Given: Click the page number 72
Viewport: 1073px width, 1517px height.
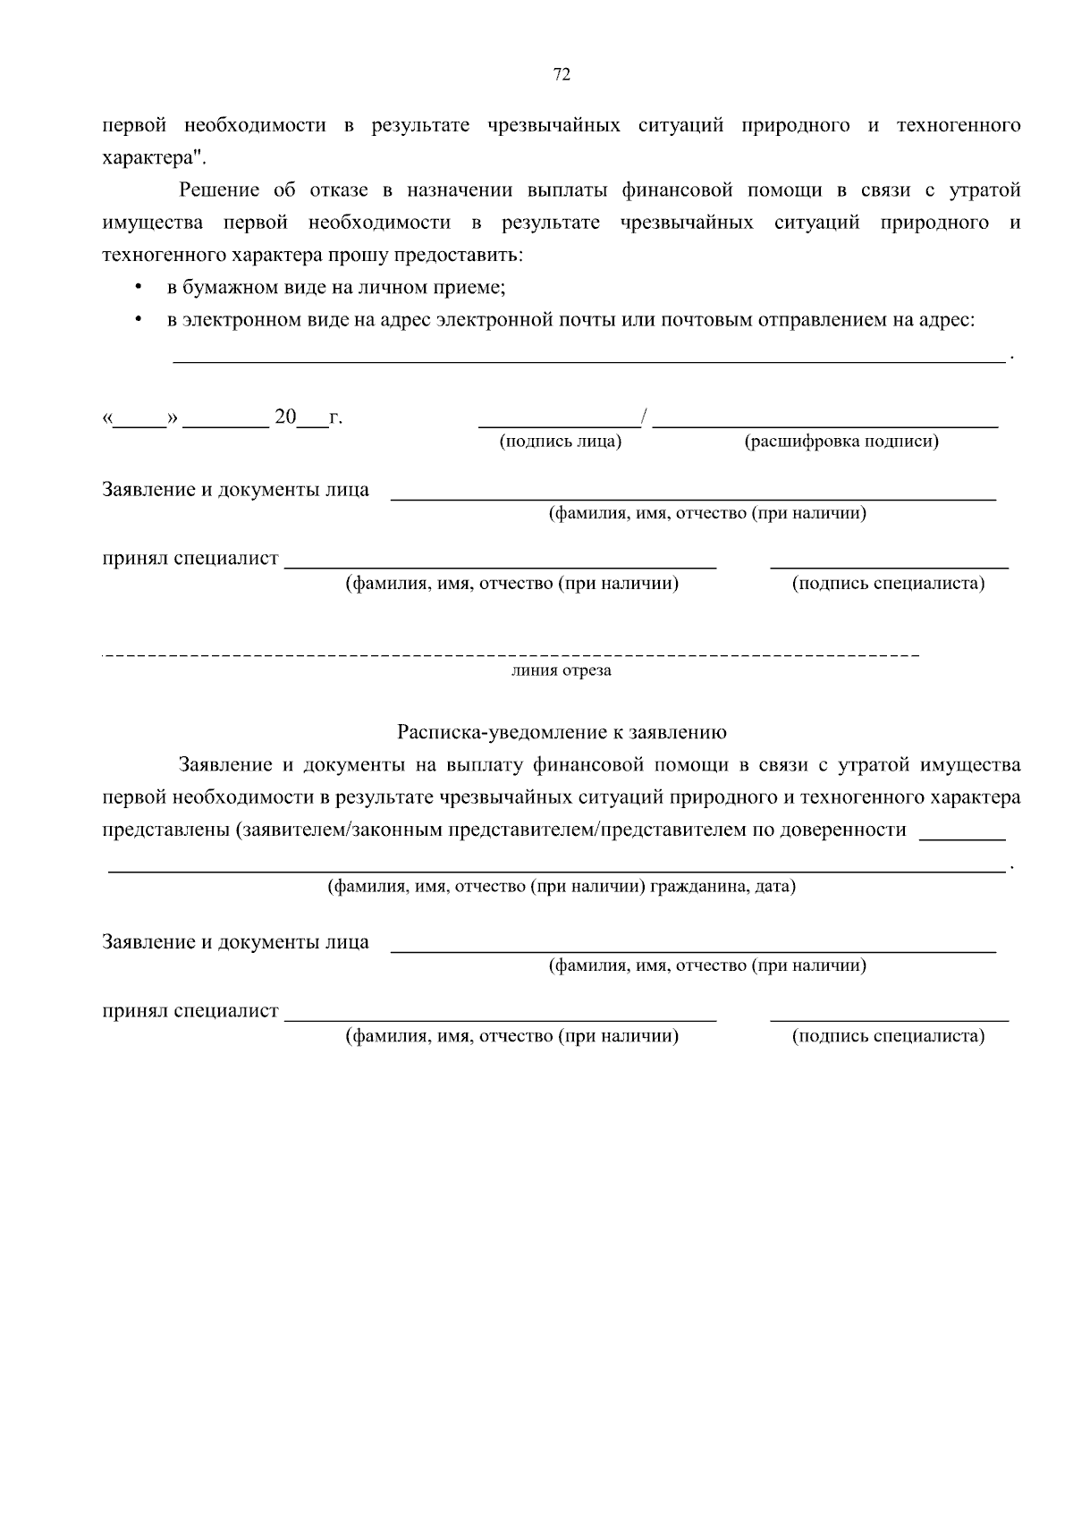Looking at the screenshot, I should coord(562,75).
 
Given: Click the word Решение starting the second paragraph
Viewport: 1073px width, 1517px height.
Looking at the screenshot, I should coord(219,190).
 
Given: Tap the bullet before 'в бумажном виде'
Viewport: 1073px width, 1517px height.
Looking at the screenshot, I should coord(137,288).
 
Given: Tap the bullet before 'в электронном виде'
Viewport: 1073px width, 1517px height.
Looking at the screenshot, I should coord(137,319).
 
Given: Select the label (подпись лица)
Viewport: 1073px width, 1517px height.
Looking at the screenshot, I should coord(561,442).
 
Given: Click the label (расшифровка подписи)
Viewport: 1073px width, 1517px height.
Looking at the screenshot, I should coord(841,442).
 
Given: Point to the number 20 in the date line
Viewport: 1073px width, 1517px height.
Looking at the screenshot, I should coord(285,417).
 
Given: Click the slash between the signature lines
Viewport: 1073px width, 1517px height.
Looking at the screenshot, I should coord(646,417).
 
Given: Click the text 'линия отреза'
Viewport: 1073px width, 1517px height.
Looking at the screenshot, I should coord(562,670).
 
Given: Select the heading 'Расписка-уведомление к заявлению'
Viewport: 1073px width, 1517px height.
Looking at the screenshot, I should coord(562,732).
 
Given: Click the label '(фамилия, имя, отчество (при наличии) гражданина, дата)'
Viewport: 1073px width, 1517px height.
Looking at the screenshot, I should coord(562,887).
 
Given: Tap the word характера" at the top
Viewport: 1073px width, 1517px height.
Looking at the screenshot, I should coord(154,157).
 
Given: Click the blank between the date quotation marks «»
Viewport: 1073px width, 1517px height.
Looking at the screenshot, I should coord(139,420).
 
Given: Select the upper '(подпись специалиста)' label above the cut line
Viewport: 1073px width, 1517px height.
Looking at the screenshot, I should coord(888,584).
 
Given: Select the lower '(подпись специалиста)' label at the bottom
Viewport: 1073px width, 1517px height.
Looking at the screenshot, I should coord(888,1036).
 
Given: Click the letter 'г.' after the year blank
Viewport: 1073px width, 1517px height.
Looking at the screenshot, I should coord(335,417).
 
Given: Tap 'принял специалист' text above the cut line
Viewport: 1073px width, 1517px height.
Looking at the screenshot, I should coord(190,559).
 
